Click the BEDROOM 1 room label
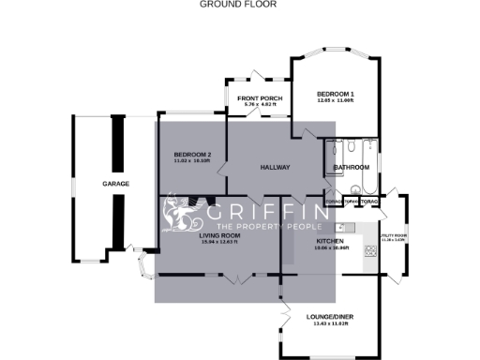tap(335, 95)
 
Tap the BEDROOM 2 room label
tap(192, 154)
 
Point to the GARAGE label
tap(115, 183)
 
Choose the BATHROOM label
tap(352, 168)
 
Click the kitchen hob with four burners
tap(370, 250)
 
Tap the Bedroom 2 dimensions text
tap(192, 160)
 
